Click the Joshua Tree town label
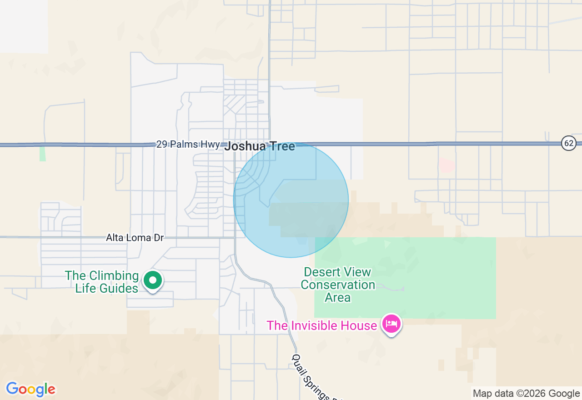point(260,146)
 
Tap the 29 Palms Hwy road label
point(188,145)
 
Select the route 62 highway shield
point(568,143)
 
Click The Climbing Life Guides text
point(102,282)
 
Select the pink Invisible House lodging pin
point(391,324)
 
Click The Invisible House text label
point(321,325)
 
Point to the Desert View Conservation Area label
point(338,285)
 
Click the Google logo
point(30,389)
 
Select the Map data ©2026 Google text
point(526,394)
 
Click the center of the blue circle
point(291,200)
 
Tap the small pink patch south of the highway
point(447,165)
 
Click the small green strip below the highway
point(42,153)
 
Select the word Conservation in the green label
point(338,285)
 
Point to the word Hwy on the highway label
point(211,145)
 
